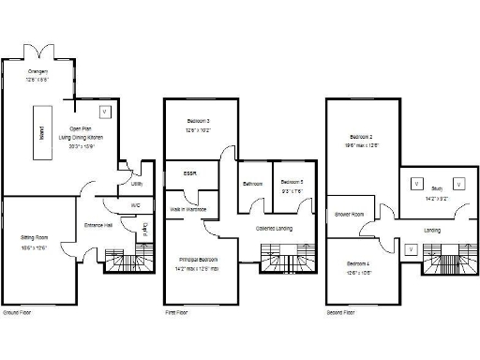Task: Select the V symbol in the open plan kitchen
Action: (105, 112)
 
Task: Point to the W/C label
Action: (136, 204)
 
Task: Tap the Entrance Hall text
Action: (98, 226)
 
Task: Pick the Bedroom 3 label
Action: (196, 121)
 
